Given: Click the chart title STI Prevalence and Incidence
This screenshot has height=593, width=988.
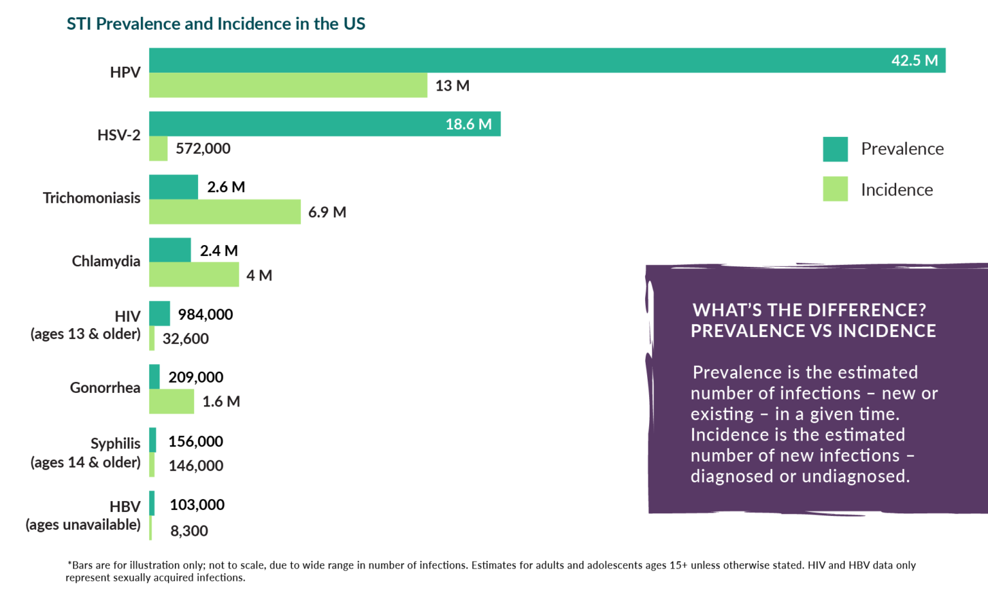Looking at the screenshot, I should (215, 24).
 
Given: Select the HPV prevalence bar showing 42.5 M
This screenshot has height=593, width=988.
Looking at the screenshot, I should (547, 60).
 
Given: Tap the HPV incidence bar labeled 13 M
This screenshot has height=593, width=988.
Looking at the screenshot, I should (288, 86).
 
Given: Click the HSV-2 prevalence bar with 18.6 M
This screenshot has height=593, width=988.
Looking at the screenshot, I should (324, 124).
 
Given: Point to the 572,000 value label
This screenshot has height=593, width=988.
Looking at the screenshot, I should (203, 149).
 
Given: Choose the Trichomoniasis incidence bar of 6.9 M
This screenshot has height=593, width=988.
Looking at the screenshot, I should (224, 212).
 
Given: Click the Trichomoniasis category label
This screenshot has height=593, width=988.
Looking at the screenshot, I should (91, 198).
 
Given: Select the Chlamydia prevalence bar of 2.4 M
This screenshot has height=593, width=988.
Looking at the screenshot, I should (170, 250).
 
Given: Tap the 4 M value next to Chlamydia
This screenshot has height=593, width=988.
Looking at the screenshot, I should (259, 275).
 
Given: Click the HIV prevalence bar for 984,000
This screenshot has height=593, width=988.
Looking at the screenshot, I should (160, 314).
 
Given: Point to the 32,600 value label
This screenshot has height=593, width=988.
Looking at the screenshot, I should (185, 339).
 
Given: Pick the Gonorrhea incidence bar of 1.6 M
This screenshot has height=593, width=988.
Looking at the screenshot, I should (171, 401).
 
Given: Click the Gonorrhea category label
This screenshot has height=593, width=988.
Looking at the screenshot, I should (105, 388).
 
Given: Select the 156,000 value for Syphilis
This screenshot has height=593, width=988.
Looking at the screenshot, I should (196, 441).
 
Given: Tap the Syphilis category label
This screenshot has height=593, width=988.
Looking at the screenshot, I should (115, 444).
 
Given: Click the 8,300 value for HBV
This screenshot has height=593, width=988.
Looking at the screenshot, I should (189, 531).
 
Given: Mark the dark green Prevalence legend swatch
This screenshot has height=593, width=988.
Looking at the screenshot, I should (835, 149).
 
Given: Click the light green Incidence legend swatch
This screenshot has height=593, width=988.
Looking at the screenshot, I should (835, 190).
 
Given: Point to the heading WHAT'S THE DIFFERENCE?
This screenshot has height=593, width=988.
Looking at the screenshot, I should (809, 310).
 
